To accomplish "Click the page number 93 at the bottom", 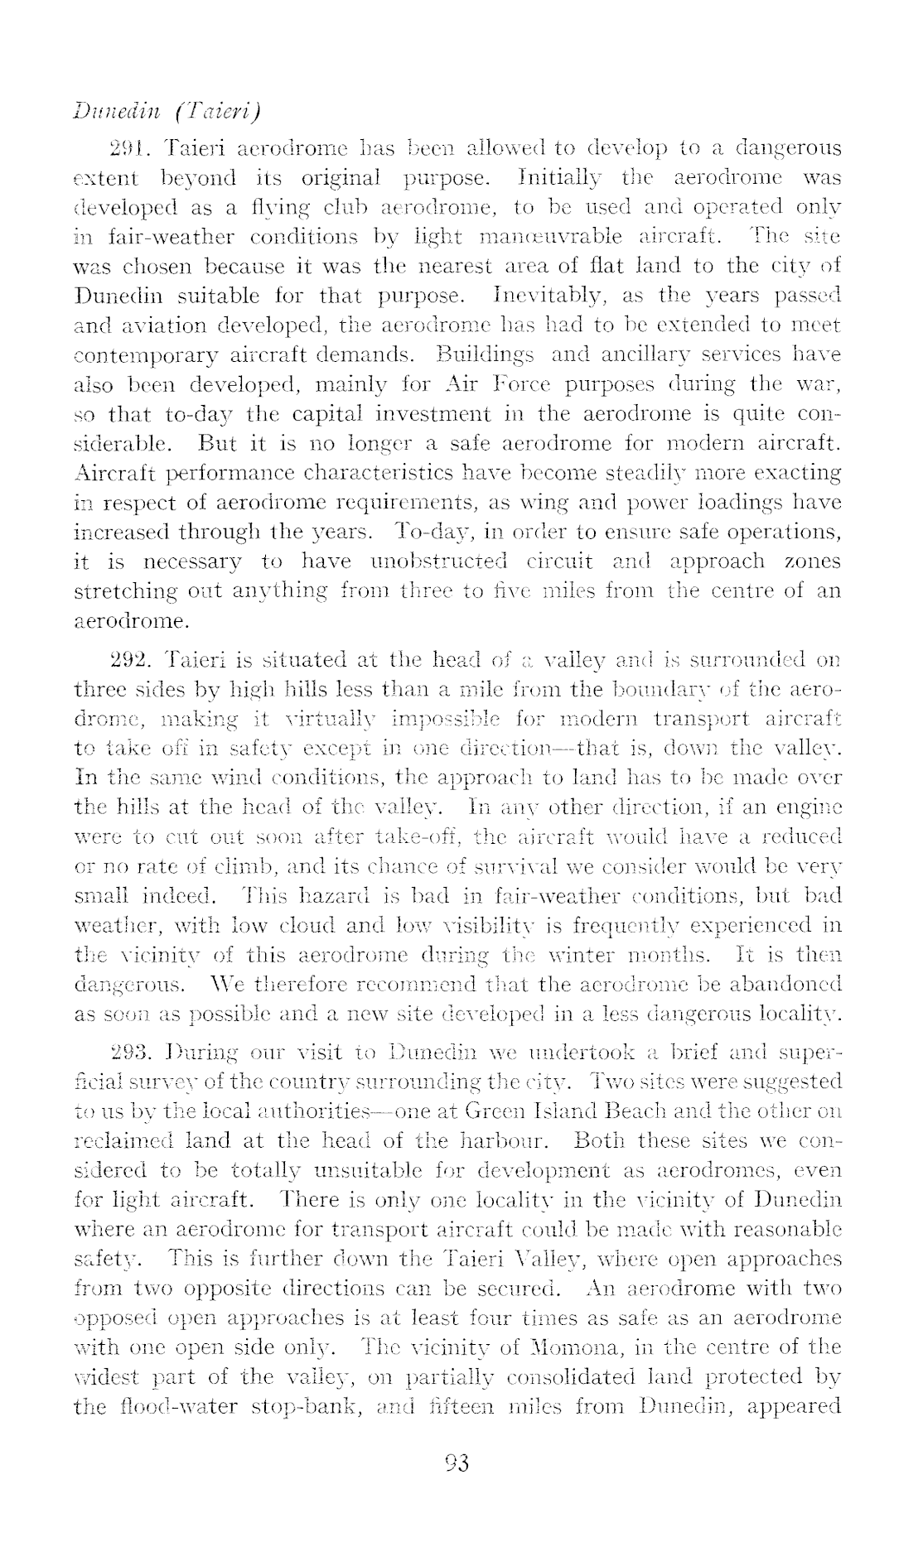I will (457, 1463).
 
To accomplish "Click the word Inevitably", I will (540, 295).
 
